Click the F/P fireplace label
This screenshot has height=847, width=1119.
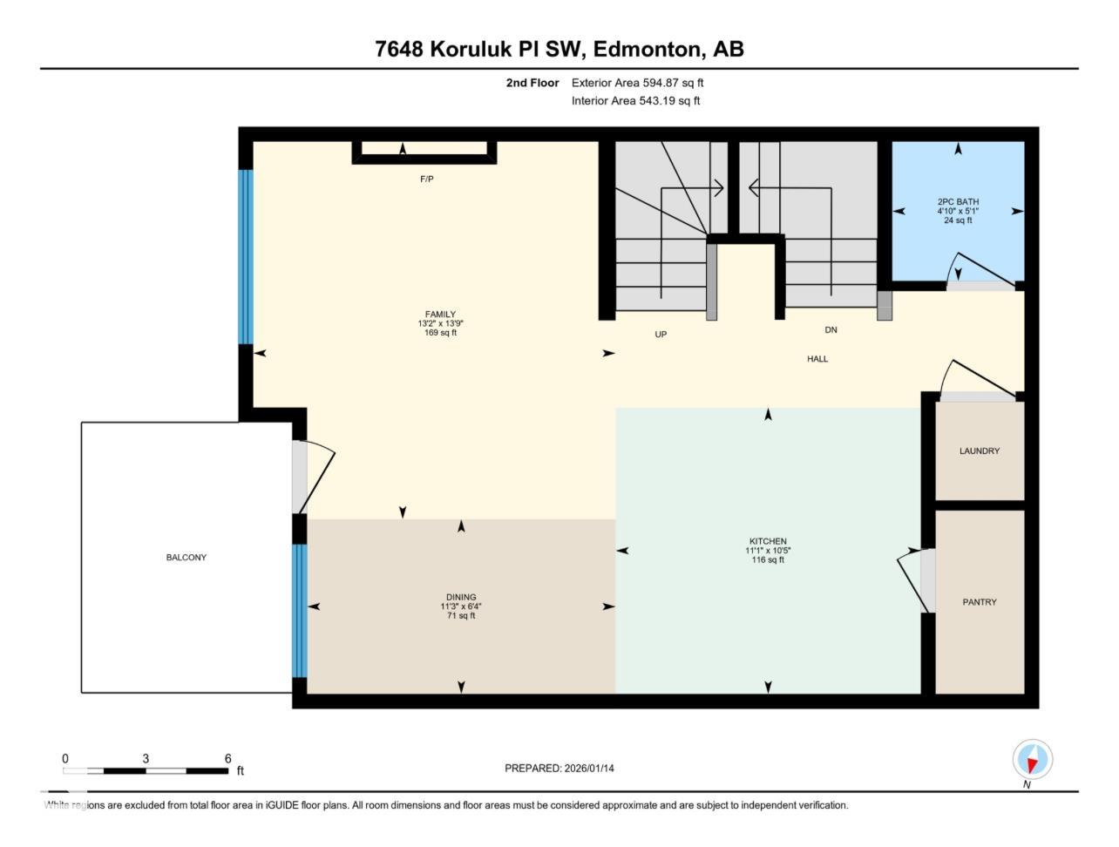click(427, 180)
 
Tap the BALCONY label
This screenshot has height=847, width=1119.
click(186, 558)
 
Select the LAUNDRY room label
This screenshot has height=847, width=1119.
click(980, 451)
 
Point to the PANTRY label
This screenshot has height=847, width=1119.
click(980, 602)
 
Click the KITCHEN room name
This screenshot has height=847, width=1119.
click(768, 541)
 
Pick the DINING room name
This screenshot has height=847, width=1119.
click(461, 598)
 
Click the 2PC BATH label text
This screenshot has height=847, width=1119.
click(958, 202)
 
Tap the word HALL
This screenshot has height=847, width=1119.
click(817, 359)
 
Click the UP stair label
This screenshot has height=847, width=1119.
click(661, 335)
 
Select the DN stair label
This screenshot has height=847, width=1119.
click(831, 330)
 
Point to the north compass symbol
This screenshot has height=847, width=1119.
click(1033, 760)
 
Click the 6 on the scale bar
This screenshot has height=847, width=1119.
click(227, 759)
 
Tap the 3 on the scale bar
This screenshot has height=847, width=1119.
click(146, 759)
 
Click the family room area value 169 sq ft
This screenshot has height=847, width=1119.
click(440, 333)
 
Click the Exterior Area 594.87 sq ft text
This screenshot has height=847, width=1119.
click(637, 83)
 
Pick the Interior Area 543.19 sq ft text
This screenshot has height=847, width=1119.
click(635, 101)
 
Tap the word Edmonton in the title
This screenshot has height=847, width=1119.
click(648, 49)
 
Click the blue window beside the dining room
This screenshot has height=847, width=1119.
click(299, 611)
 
